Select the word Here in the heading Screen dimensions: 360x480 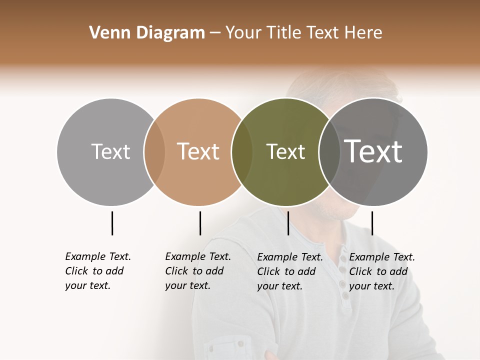click(x=363, y=33)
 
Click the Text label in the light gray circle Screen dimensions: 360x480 click(x=110, y=151)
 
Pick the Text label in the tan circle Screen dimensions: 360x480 click(x=198, y=151)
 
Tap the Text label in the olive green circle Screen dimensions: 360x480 click(x=285, y=151)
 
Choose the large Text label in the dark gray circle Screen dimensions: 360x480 click(x=373, y=151)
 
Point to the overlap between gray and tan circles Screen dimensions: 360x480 click(x=154, y=152)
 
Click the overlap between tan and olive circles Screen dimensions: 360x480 click(x=242, y=152)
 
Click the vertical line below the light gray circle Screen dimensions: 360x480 click(x=112, y=223)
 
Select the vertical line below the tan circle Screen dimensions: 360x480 click(x=200, y=223)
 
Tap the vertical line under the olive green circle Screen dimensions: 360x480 click(x=288, y=223)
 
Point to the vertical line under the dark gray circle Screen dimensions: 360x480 click(x=372, y=223)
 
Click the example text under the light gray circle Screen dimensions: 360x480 click(x=98, y=271)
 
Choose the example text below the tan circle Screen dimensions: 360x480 click(x=198, y=271)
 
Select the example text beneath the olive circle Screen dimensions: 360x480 click(x=290, y=271)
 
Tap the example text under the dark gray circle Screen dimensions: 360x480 click(x=382, y=271)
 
